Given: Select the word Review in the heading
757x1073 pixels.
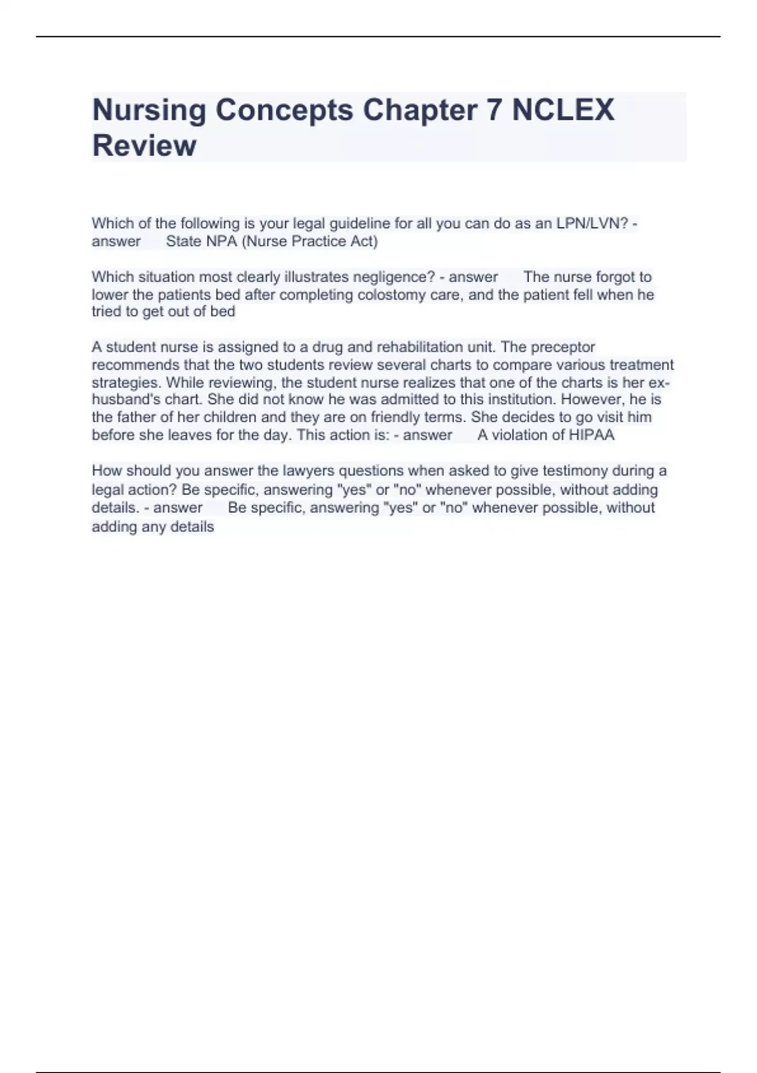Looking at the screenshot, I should click(x=144, y=145).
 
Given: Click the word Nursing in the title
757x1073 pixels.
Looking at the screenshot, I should click(x=149, y=110).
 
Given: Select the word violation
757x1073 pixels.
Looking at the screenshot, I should click(x=521, y=435).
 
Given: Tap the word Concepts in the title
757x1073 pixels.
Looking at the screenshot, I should click(x=284, y=110).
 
